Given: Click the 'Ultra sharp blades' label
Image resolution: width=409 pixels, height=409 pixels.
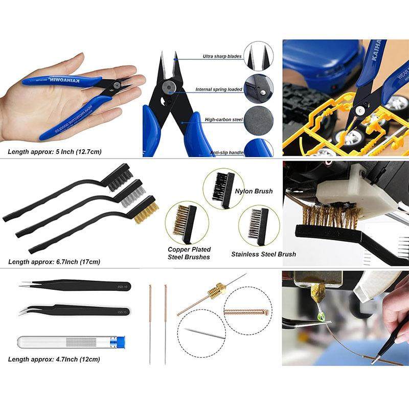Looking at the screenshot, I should pos(221,56).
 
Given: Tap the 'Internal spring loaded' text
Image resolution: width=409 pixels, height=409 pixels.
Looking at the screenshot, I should pos(219,89).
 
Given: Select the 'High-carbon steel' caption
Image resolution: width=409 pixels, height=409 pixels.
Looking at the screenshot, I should pos(223,120).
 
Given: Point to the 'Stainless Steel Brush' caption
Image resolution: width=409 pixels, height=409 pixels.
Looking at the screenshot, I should pos(263,254).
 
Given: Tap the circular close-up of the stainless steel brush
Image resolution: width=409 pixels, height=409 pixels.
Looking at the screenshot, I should pos(258,224).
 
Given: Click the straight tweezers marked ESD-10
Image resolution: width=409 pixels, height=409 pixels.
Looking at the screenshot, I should pos(77,285).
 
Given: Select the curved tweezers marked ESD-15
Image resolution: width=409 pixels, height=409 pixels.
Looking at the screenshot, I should pos(77,310).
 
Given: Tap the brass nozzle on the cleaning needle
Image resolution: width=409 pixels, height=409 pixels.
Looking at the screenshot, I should pos(217,293).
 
